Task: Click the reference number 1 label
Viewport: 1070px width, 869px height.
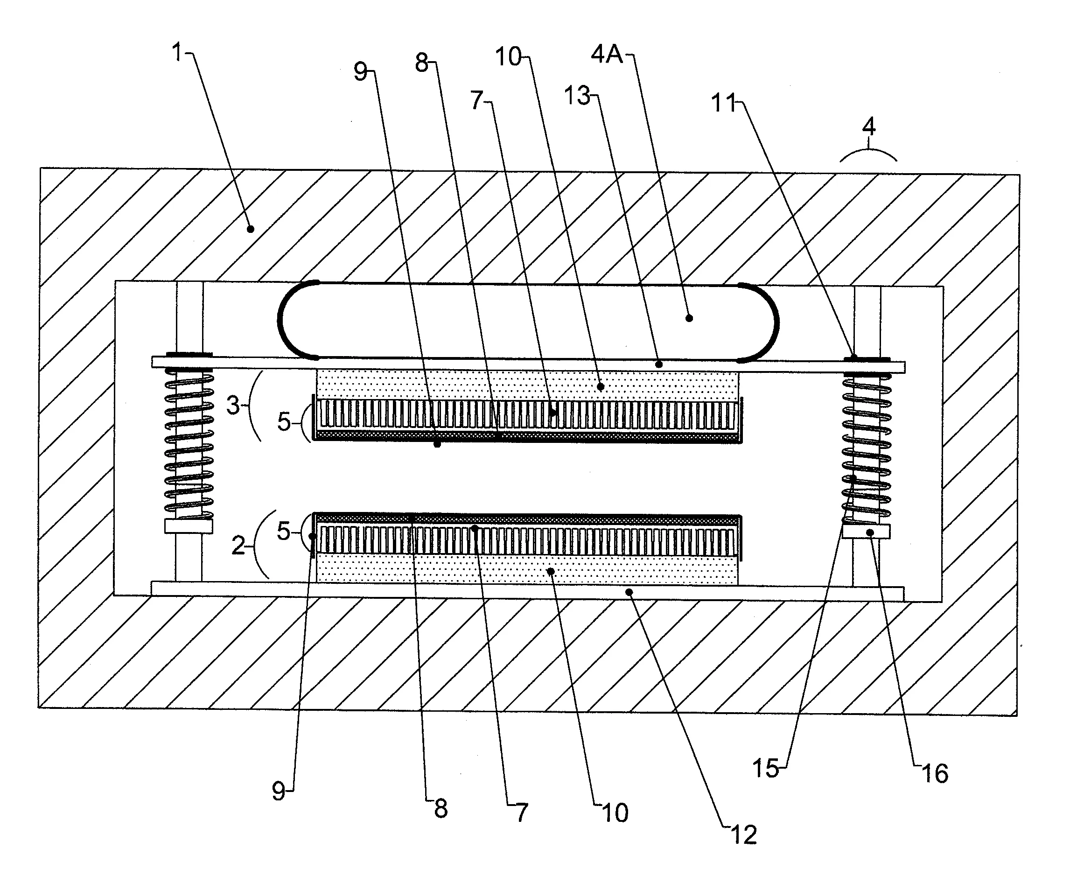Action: coord(177,52)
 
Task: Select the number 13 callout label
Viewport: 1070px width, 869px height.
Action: coord(577,95)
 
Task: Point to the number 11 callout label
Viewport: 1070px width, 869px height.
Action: coord(724,104)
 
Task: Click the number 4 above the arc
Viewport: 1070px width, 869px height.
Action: coord(869,126)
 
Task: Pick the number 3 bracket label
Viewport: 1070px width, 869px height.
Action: coord(233,406)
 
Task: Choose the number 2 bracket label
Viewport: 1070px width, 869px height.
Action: coord(238,545)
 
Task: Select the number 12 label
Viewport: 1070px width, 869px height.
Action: coord(744,835)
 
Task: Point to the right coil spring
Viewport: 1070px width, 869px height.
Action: coord(867,446)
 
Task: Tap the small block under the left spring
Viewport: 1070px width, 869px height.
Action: coord(189,526)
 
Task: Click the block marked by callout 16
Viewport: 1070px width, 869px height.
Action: coord(866,532)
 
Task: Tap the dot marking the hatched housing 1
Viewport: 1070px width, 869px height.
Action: coord(251,229)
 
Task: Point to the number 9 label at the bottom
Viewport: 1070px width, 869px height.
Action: coord(278,792)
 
